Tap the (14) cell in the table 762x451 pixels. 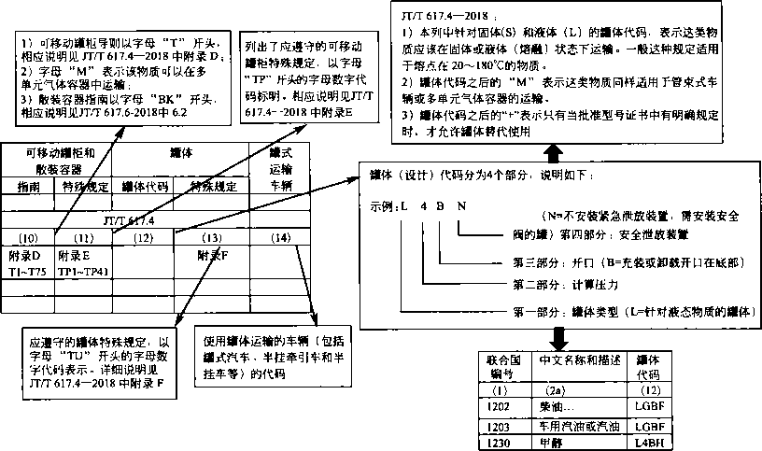pos(279,237)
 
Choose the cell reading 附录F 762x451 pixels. pos(213,253)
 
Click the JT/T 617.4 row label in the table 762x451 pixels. pos(131,220)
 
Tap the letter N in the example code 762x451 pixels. pos(459,204)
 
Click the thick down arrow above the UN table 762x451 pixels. pos(557,337)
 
